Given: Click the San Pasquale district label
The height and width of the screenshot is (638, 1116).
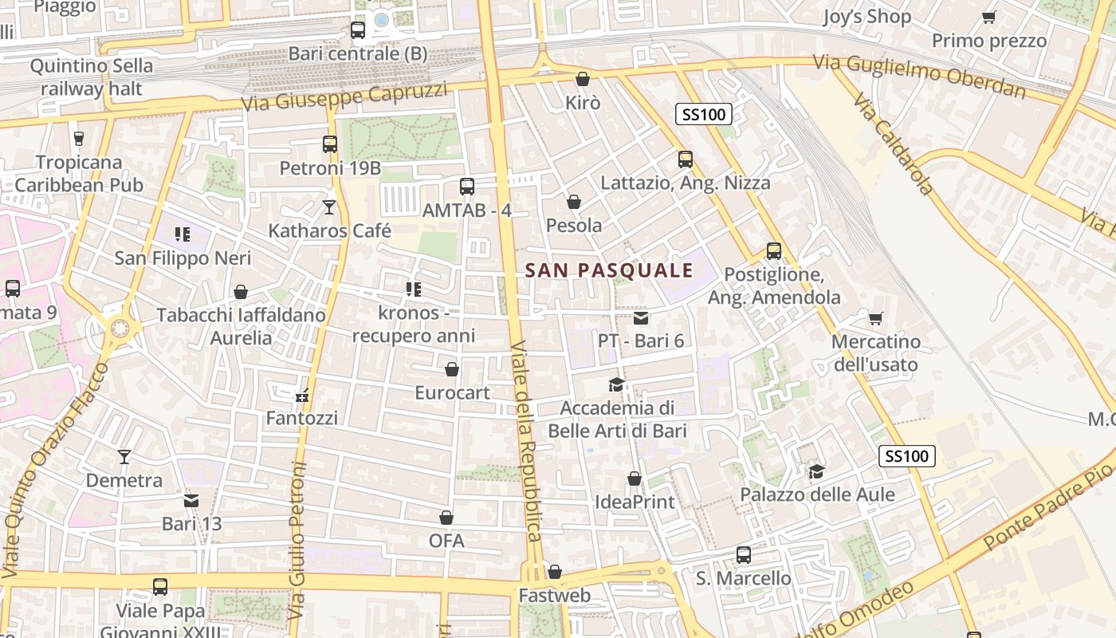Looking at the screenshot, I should [x=610, y=270].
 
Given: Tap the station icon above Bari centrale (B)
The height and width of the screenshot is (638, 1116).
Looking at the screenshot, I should [x=358, y=30].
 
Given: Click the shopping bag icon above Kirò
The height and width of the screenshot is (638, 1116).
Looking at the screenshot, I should [x=583, y=79].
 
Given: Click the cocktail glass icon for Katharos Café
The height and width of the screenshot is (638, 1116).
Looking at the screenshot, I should [x=329, y=207].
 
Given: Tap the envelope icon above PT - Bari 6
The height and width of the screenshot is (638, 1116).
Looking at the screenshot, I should [x=641, y=318].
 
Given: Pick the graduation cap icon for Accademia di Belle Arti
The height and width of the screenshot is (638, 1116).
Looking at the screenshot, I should [x=616, y=385].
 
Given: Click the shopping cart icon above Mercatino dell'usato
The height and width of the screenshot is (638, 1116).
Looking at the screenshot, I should [x=876, y=319].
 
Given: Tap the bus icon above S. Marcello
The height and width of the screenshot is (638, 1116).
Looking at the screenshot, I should [x=744, y=555].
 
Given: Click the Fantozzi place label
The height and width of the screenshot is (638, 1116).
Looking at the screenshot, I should [x=301, y=418].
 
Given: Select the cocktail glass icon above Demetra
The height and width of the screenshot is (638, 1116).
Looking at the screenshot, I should [x=124, y=457].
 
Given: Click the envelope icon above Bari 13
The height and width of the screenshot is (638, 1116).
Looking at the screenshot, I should [x=191, y=501].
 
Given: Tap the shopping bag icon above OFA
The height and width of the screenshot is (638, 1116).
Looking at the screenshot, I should [x=446, y=518].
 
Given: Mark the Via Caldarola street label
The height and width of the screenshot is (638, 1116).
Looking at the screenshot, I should [x=893, y=144].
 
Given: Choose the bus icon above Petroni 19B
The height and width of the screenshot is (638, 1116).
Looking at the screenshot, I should [x=330, y=144].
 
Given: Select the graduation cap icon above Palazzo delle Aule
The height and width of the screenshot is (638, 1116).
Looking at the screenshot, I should [x=816, y=471].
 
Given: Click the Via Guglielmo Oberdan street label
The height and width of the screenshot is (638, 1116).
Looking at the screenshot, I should [x=919, y=76].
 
